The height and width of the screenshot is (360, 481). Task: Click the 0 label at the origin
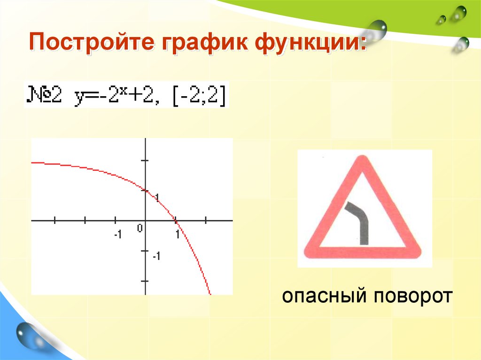click(140, 228)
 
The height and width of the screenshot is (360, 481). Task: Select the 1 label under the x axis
click(178, 234)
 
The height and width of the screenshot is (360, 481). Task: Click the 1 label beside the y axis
click(157, 197)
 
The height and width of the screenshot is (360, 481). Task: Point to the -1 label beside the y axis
click(156, 256)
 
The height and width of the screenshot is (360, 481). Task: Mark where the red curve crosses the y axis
click(145, 190)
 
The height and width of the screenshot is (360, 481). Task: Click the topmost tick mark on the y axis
click(145, 160)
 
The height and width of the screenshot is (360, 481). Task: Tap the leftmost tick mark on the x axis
click(55, 220)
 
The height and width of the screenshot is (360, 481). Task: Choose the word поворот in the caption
click(413, 297)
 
